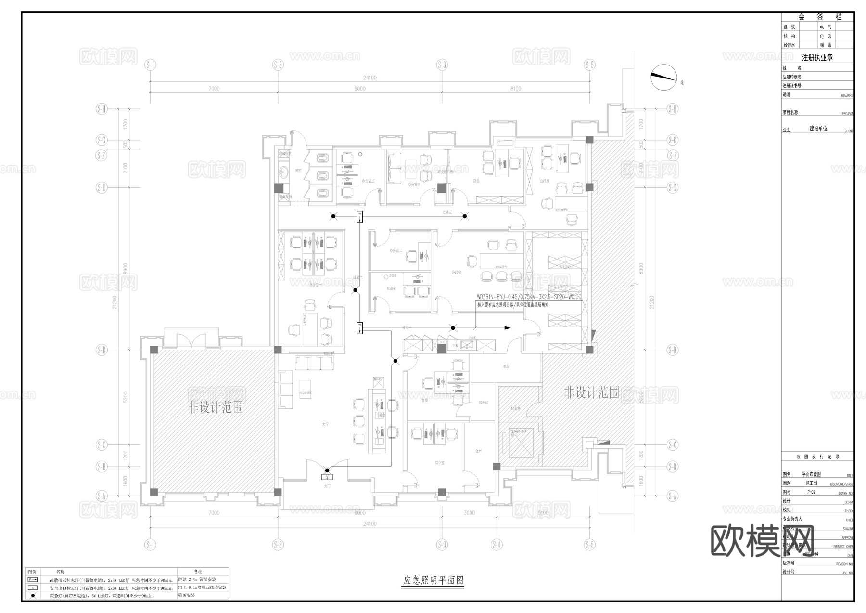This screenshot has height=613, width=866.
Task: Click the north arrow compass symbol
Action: click(x=663, y=77)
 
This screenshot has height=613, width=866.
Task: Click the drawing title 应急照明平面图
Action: click(x=433, y=581)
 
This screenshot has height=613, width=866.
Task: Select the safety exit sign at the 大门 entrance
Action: click(x=327, y=477)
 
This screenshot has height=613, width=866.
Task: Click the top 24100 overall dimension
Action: click(x=369, y=78)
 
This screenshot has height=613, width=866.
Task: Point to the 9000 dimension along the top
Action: click(x=359, y=89)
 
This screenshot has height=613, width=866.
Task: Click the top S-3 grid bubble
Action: click(x=442, y=65)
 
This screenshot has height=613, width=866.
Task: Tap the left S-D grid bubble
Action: click(x=102, y=350)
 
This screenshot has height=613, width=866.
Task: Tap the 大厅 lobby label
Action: click(x=326, y=425)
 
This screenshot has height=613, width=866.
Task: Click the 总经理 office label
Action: click(x=544, y=181)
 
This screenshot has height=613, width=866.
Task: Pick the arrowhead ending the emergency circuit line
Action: click(x=508, y=328)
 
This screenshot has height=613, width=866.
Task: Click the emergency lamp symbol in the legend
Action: click(x=33, y=596)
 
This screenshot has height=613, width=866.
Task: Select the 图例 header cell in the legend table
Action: click(x=32, y=571)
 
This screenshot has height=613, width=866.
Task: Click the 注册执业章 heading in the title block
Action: click(x=817, y=58)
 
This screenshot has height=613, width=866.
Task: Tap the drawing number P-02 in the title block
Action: click(x=811, y=492)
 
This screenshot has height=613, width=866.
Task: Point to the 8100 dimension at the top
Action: click(x=515, y=89)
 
